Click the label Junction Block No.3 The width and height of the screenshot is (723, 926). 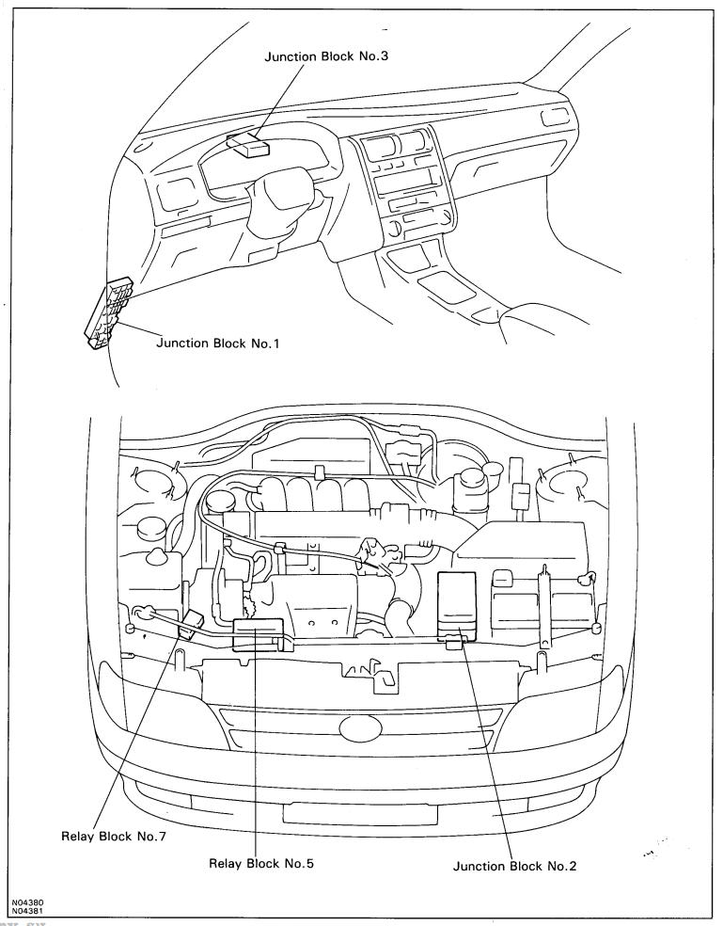coord(326,56)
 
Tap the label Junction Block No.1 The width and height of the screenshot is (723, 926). coord(217,343)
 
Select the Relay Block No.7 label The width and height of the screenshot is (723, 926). coord(114,837)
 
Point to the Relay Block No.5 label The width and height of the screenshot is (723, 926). coord(261,863)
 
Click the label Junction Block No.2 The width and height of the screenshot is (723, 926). coord(514,867)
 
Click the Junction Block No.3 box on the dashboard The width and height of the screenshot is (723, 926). coord(248,143)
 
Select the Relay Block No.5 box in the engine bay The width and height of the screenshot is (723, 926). coord(259,633)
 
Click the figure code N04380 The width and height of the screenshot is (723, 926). coord(27,903)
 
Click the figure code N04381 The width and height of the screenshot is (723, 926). coord(27,911)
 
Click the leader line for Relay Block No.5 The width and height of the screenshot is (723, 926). coord(256,742)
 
